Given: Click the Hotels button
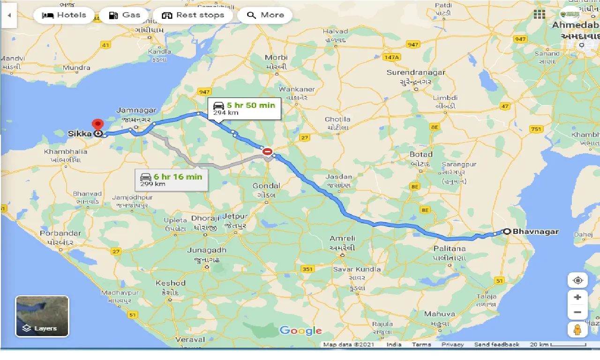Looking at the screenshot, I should [65, 15].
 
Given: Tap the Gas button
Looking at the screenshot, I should [124, 15].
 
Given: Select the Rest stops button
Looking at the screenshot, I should [193, 15].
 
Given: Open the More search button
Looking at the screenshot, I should [265, 15].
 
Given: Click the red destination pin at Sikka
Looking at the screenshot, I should [97, 125].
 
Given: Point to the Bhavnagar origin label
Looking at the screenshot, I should [535, 231].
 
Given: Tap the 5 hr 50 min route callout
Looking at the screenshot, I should [245, 108].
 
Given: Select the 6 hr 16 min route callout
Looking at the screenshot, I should [172, 180].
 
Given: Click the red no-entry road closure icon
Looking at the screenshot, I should [267, 151].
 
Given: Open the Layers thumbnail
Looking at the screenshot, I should [42, 316].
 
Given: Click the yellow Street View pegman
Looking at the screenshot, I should [577, 329].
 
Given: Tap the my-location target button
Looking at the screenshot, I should [577, 280].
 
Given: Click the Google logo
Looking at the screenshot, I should [300, 330].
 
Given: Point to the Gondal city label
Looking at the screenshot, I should [266, 186].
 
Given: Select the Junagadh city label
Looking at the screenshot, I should [206, 250].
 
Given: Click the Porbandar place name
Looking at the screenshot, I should [60, 233].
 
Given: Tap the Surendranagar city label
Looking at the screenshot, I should [415, 73].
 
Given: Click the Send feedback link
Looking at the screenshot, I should [496, 345].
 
